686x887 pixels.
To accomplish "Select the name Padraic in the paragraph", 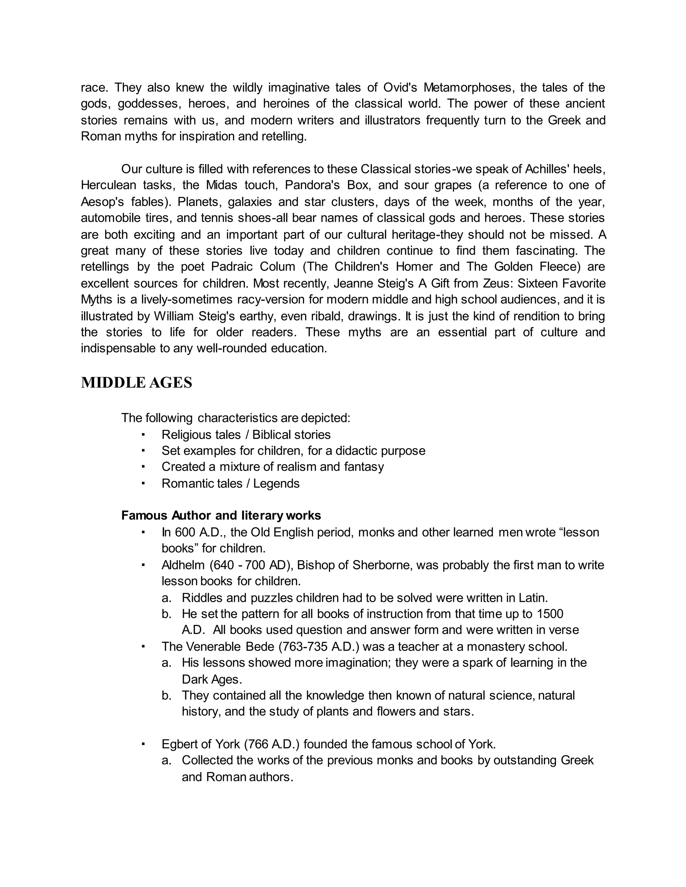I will [x=230, y=267].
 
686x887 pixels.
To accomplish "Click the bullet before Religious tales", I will [x=143, y=434].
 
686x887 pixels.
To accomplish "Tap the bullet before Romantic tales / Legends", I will [x=143, y=483].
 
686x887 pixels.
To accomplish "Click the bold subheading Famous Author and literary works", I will [x=221, y=515].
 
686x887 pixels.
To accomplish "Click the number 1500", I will [x=550, y=614].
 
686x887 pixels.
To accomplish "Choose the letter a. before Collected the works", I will [x=166, y=760].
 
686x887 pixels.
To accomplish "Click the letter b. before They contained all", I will [x=166, y=695].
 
